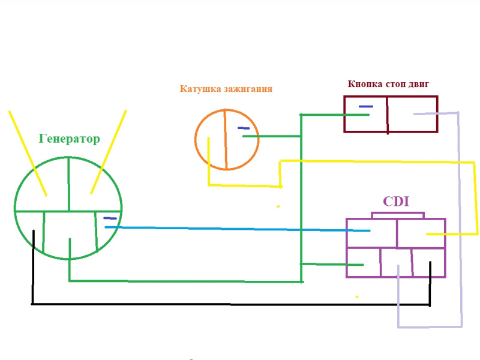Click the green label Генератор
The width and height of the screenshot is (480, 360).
(69, 139)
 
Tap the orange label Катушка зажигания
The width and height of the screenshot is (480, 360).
(226, 89)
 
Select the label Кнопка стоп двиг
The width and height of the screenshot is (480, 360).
(388, 85)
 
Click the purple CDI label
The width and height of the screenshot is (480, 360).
(396, 202)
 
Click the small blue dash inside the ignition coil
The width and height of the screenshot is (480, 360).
(243, 128)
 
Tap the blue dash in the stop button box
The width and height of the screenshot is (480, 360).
(365, 107)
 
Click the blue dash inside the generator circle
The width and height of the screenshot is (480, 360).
(110, 218)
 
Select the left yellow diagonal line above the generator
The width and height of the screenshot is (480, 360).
(28, 153)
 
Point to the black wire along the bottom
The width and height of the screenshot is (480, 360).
(231, 304)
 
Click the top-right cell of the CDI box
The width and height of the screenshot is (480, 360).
(421, 233)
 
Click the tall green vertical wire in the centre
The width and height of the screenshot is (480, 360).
(301, 198)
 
